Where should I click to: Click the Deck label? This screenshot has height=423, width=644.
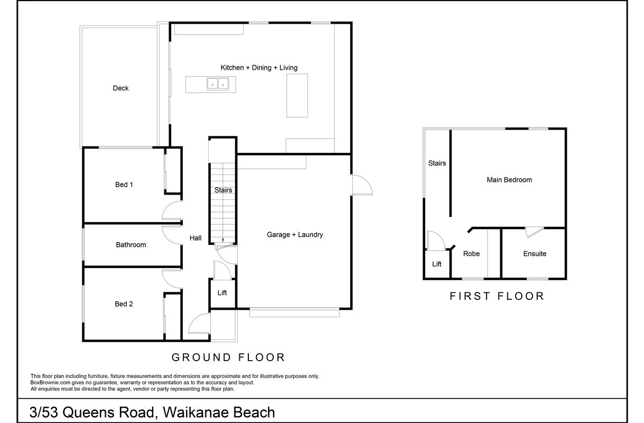click(120, 88)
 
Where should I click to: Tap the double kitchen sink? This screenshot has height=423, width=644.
click(218, 84)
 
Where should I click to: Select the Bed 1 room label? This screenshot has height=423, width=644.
click(124, 185)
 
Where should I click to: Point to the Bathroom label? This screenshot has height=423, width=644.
click(131, 245)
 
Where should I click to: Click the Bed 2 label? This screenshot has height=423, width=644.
click(124, 304)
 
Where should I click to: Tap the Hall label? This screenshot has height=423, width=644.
click(195, 238)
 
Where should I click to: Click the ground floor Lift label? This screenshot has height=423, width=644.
click(222, 293)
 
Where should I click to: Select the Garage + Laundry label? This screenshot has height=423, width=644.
click(295, 235)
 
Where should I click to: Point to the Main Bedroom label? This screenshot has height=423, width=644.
click(509, 180)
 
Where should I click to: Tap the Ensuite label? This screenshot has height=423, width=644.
click(535, 253)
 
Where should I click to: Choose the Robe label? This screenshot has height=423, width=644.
click(471, 253)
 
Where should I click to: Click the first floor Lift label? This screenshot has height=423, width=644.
click(436, 264)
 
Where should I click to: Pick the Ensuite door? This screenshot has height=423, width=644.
click(534, 232)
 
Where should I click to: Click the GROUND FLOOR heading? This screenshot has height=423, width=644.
click(228, 357)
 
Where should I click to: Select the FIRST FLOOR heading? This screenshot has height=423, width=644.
click(497, 296)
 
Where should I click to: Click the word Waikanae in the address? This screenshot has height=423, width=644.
click(195, 412)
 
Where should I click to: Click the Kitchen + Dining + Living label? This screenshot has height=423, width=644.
click(259, 68)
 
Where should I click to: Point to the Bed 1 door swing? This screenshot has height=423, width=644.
click(172, 211)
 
